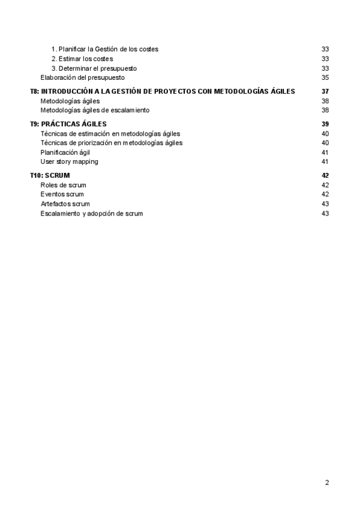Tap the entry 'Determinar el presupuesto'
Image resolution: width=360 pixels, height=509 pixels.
[x=97, y=68]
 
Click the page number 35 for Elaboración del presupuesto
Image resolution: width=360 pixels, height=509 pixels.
[x=325, y=77]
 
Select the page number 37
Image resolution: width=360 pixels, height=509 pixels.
[x=325, y=91]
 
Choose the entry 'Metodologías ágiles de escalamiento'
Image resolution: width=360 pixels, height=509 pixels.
[x=95, y=110]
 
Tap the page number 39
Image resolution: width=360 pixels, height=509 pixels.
[x=325, y=124]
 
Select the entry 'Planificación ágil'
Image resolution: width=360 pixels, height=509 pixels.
[x=65, y=152]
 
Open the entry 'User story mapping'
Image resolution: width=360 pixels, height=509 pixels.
[x=69, y=161]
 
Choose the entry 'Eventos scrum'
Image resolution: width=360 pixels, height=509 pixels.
[x=62, y=194]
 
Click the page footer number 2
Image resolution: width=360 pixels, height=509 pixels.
[x=327, y=482]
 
